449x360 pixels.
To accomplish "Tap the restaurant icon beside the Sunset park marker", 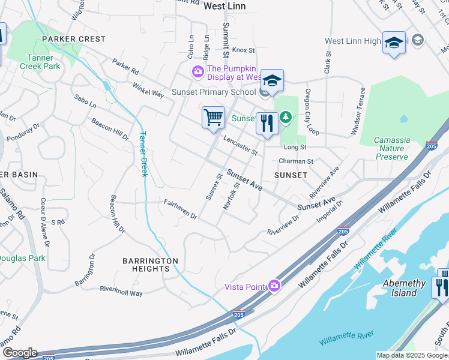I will coord(267,123).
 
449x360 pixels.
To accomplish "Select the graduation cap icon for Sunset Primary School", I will coord(272,80).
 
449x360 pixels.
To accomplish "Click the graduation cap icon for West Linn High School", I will coord(394,43).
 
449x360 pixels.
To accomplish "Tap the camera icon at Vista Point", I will coord(275,286).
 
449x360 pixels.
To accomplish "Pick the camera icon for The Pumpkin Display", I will coord(197,72).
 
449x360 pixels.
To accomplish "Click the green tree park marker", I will coord(286,118).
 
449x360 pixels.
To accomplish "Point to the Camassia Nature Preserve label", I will coord(392,148).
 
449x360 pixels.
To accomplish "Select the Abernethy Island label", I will coord(404,288).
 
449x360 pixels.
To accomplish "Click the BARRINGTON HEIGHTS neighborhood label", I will coord(151,265).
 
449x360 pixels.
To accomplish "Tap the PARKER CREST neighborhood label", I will coord(74,39).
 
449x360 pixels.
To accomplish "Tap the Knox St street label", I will coord(244,51).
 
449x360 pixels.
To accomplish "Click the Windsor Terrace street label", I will coord(362,110).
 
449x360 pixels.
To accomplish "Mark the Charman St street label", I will coord(296,161).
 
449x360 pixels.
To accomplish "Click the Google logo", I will coord(20,352).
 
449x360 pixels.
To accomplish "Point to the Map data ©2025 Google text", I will coord(412,355).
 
